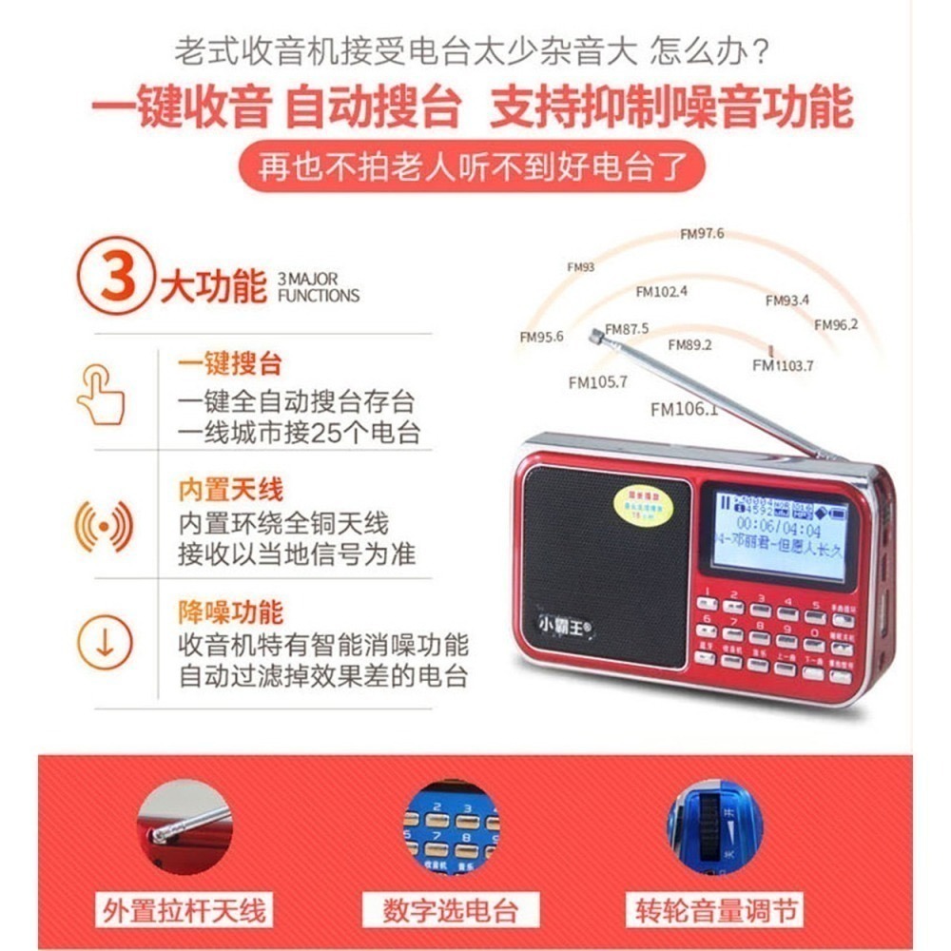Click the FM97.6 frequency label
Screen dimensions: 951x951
coord(702,234)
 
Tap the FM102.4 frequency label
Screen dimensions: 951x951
coord(662,291)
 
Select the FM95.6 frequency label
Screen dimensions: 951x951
coord(541,337)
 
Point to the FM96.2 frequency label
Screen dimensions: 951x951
coord(836,324)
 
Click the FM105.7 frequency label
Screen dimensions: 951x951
coord(598,383)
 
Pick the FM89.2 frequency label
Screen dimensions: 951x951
coord(689,345)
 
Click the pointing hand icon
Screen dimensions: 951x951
coord(102,394)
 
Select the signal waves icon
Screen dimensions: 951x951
coord(103,524)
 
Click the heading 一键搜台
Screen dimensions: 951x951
coord(229,363)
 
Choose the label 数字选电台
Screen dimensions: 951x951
coord(452,909)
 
